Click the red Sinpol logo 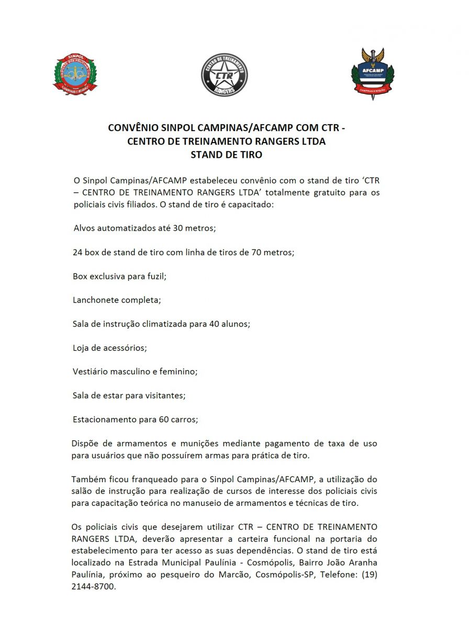click(x=75, y=74)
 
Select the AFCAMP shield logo click(x=372, y=74)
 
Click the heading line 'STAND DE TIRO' click(x=226, y=155)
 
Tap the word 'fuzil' click(x=155, y=276)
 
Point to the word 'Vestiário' click(x=91, y=372)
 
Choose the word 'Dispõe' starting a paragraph click(x=86, y=443)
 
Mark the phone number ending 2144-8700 click(x=94, y=587)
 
